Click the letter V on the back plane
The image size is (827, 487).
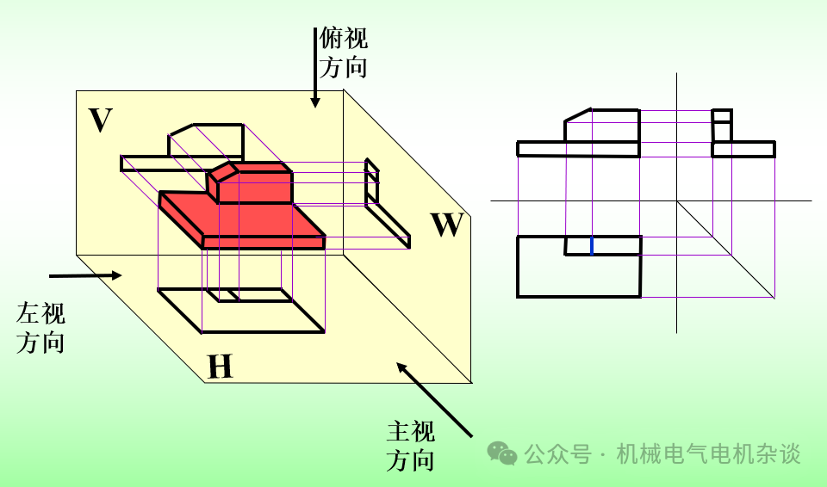101,120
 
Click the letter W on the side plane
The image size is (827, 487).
448,225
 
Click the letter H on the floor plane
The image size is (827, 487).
220,367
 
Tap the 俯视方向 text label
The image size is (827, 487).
344,52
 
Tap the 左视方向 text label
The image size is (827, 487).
40,328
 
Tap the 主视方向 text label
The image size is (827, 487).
410,445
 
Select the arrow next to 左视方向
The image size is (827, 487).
85,275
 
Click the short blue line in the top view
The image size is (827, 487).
592,245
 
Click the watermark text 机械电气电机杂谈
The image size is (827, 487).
708,453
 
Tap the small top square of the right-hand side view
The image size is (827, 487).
722,115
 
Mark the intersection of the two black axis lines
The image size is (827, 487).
677,201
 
